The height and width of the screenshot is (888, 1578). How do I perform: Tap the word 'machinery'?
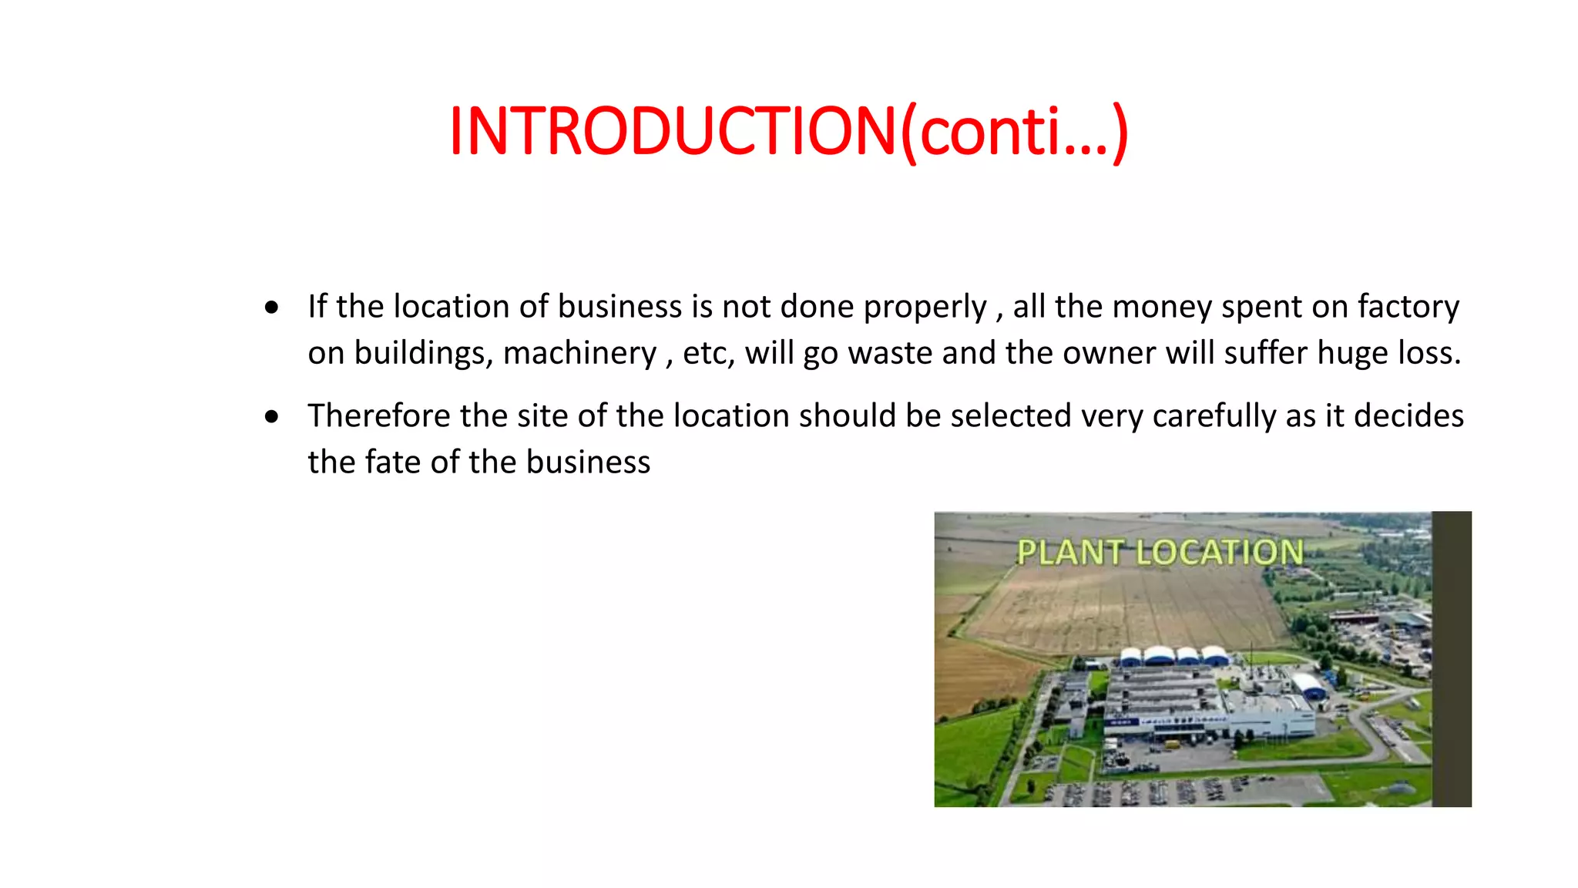(x=579, y=353)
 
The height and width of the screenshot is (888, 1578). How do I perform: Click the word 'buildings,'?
(x=422, y=353)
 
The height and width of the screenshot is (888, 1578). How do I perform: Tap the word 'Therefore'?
(x=378, y=416)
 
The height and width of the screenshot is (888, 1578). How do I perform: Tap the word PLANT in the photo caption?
(x=1069, y=552)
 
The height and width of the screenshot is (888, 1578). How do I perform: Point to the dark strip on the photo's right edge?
(x=1452, y=659)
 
